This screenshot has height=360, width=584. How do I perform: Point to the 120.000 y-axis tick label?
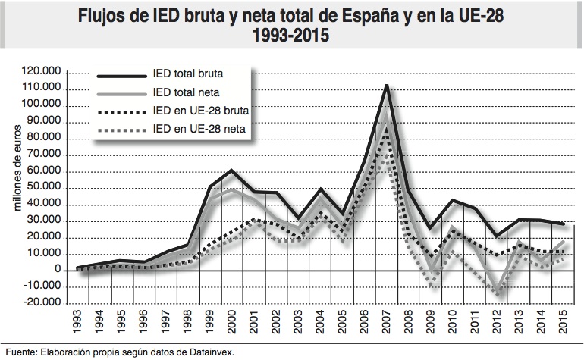[44, 71]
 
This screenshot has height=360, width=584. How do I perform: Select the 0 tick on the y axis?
[58, 269]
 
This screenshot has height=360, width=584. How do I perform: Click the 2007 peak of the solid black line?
[386, 85]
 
